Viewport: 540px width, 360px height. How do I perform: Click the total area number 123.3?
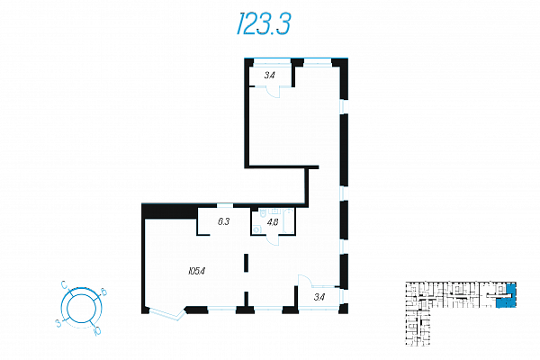click(264, 23)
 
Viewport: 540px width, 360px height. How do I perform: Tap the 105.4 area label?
click(196, 271)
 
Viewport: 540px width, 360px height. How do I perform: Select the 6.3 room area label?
click(223, 222)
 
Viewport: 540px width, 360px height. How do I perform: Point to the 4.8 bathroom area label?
click(273, 222)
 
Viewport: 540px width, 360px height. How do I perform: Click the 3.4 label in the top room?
click(270, 76)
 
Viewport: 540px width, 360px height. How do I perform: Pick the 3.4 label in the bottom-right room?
click(319, 297)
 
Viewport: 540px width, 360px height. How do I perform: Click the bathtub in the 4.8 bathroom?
click(289, 221)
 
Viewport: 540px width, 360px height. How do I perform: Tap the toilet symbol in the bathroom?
click(264, 212)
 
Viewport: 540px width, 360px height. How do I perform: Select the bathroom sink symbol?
click(275, 211)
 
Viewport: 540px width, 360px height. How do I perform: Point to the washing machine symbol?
click(256, 229)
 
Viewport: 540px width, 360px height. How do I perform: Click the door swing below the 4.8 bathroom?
click(273, 240)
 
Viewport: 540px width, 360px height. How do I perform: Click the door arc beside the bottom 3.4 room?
click(305, 281)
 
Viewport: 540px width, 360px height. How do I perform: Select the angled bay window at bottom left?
click(166, 313)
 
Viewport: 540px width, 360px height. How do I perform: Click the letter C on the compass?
click(64, 284)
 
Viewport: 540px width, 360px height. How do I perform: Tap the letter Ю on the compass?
click(97, 331)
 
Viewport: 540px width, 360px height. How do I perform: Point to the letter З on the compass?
click(58, 323)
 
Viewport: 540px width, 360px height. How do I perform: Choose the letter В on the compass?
click(103, 292)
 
